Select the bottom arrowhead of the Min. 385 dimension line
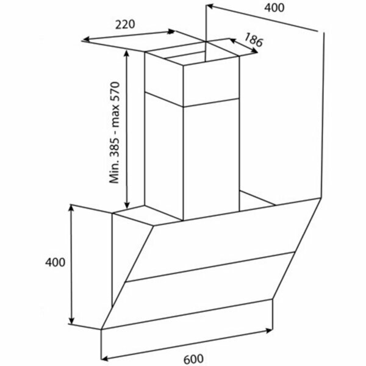tap(127, 206)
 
